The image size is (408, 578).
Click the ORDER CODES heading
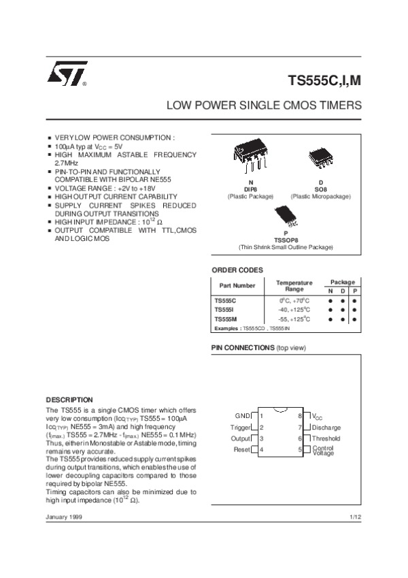pos(237,270)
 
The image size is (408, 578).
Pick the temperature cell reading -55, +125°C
pos(294,319)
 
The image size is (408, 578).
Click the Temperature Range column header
pos(294,285)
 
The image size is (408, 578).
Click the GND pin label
pos(243,415)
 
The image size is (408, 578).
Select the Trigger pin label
pos(241,427)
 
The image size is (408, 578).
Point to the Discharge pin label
pos(326,427)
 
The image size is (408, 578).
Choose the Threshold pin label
pos(326,438)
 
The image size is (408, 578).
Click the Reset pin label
pos(242,450)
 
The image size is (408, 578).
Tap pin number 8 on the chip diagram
pos(300,415)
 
